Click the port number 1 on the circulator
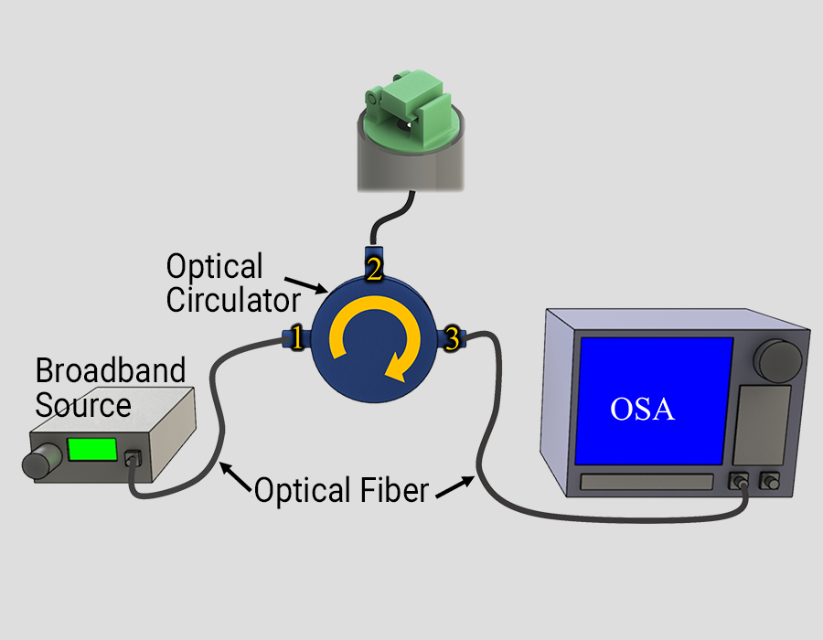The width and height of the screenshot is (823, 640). tap(296, 338)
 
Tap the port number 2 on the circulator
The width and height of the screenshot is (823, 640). tap(374, 268)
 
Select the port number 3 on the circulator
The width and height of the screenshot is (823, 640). tap(452, 338)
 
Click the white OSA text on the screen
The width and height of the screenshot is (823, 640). tap(642, 410)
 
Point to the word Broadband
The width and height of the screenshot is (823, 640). tap(111, 370)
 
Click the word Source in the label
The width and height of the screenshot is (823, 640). tap(83, 405)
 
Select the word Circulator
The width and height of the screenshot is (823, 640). tap(233, 300)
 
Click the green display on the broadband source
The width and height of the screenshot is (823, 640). tap(92, 449)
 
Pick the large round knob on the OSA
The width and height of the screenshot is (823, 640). tap(777, 360)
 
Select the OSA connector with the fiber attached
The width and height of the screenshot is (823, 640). tap(739, 481)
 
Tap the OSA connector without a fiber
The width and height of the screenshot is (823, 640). tap(769, 481)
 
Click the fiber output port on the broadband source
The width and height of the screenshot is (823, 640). tap(133, 458)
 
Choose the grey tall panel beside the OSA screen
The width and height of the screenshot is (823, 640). tap(761, 425)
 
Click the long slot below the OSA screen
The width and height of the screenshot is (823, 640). tap(647, 482)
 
